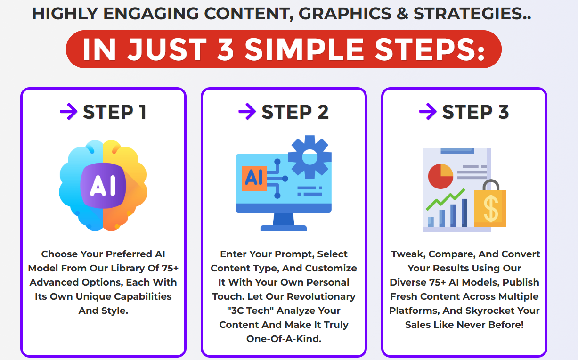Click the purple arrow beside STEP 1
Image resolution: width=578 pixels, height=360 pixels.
click(69, 111)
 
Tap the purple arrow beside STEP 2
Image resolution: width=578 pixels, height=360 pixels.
click(247, 111)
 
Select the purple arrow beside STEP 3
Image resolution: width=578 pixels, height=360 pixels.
click(428, 111)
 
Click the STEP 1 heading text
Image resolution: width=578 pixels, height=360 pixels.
click(115, 112)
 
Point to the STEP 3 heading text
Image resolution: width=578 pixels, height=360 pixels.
click(476, 112)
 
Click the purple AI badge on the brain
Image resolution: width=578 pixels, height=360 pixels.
click(103, 185)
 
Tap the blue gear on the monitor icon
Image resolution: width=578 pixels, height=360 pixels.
click(309, 156)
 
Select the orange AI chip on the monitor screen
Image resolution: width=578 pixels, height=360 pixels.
click(254, 179)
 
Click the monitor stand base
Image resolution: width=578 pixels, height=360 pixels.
click(284, 228)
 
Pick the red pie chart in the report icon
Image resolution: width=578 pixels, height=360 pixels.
click(440, 176)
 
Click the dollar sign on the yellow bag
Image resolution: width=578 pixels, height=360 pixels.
click(491, 208)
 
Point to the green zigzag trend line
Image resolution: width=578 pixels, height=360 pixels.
click(446, 199)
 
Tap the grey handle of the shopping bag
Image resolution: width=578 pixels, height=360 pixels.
click(491, 185)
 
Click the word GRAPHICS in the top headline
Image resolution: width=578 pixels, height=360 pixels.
click(345, 14)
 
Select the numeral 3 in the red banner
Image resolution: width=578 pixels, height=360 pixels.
click(225, 49)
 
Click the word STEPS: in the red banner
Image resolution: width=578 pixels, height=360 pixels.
click(430, 49)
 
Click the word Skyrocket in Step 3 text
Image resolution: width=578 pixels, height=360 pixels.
click(491, 311)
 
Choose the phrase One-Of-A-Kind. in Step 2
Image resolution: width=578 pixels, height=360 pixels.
click(284, 339)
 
